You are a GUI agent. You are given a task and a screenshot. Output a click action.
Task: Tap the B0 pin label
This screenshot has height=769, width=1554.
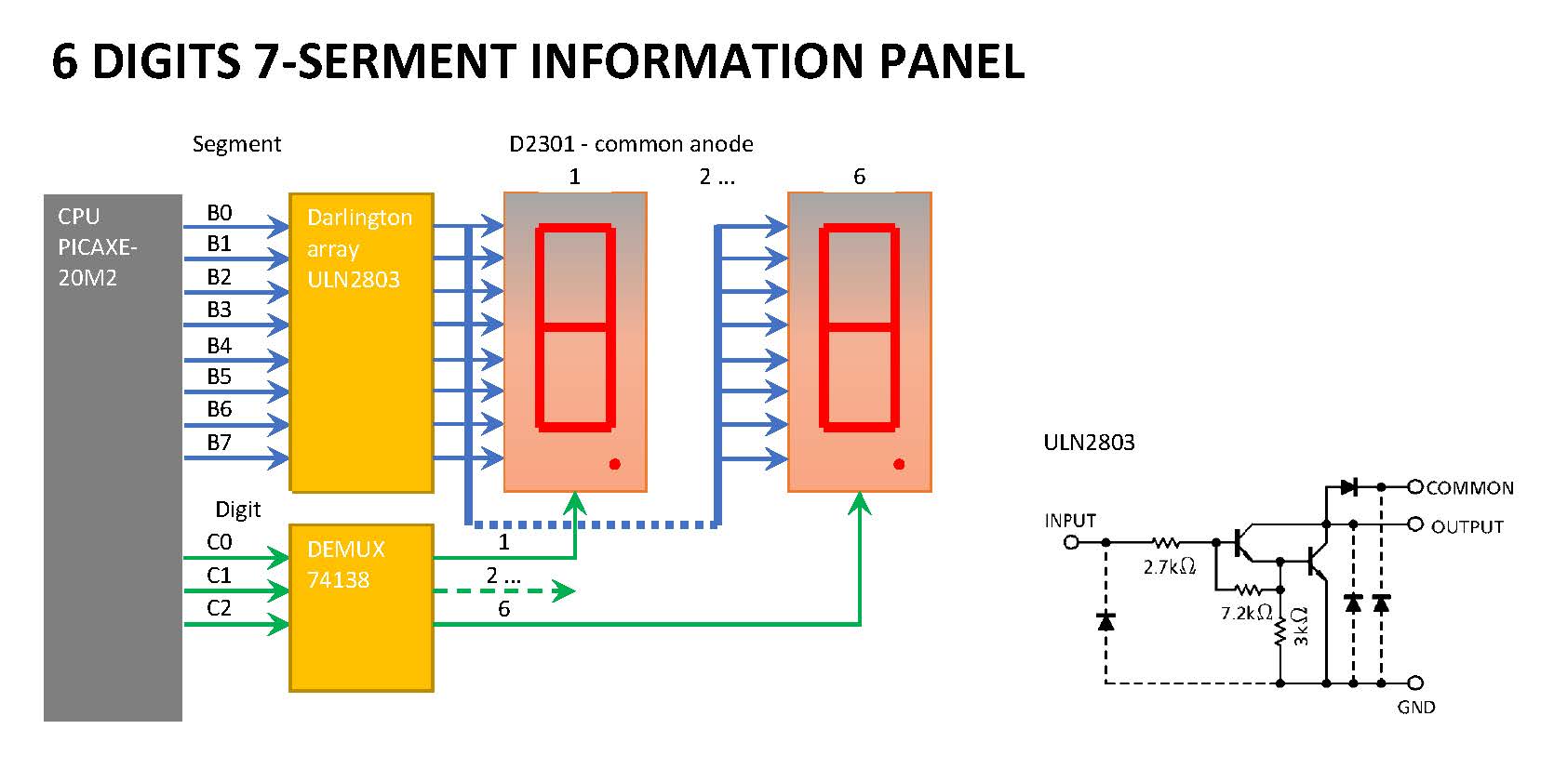pos(219,213)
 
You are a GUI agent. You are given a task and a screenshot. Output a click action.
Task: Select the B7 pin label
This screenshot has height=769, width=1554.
pos(219,443)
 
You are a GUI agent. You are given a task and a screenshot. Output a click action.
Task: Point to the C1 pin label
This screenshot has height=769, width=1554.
pos(219,576)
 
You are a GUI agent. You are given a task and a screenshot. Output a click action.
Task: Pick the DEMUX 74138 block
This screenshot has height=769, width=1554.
pos(361,608)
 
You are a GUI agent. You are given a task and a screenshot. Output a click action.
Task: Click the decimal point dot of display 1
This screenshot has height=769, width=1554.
pos(614,464)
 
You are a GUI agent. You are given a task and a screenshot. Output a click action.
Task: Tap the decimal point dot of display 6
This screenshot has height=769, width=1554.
pos(899,464)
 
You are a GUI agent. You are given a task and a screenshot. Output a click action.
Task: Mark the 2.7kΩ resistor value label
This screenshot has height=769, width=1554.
pos(1169,566)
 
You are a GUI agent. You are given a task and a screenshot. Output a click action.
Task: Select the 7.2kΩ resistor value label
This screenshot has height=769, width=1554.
pos(1246,613)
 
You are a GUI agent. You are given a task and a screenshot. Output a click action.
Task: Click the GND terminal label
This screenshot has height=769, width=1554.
pos(1415,708)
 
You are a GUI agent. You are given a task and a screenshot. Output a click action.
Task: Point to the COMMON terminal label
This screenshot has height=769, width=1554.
pos(1469,488)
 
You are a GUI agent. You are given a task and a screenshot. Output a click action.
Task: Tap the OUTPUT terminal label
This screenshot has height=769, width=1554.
pos(1467,527)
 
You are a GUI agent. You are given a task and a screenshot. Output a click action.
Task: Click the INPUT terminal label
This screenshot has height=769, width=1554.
pos(1069,521)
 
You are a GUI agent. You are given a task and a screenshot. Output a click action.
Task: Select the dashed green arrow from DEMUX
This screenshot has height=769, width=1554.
pos(502,590)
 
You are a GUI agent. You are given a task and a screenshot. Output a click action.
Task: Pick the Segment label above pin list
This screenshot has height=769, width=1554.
pos(236,144)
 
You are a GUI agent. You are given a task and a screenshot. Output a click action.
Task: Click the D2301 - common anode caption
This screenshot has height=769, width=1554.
pos(630,144)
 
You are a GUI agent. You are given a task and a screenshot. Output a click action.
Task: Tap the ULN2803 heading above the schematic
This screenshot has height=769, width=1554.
pos(1089,443)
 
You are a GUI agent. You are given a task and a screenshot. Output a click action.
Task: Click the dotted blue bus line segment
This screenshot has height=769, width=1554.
pos(592,524)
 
